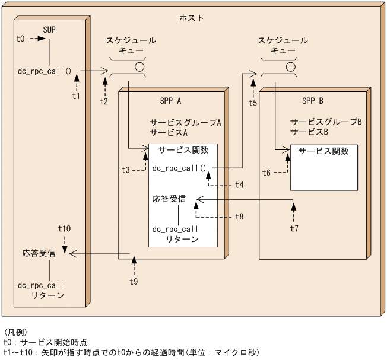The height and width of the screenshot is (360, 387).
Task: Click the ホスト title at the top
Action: [x=191, y=18]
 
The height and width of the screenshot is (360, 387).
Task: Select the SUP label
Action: [x=50, y=30]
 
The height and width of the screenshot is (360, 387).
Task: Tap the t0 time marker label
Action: [x=20, y=39]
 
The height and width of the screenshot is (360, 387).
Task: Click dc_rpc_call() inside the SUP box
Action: [x=45, y=71]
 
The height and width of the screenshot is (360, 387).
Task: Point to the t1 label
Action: [x=75, y=95]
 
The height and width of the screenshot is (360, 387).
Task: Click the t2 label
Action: [x=104, y=101]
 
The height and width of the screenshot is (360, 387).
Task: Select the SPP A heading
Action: [x=171, y=100]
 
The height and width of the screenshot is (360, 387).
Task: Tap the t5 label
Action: [x=253, y=103]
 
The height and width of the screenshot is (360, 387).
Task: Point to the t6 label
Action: [x=267, y=173]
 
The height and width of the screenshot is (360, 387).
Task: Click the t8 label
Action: [x=239, y=216]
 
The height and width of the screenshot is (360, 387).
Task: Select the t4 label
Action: [x=239, y=184]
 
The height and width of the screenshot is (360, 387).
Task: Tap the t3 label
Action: [x=126, y=170]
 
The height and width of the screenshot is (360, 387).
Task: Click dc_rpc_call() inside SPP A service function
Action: [x=179, y=168]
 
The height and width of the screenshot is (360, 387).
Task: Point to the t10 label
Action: [x=65, y=228]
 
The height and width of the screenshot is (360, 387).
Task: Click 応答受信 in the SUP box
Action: [x=39, y=253]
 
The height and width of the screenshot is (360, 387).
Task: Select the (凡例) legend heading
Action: [x=15, y=332]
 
